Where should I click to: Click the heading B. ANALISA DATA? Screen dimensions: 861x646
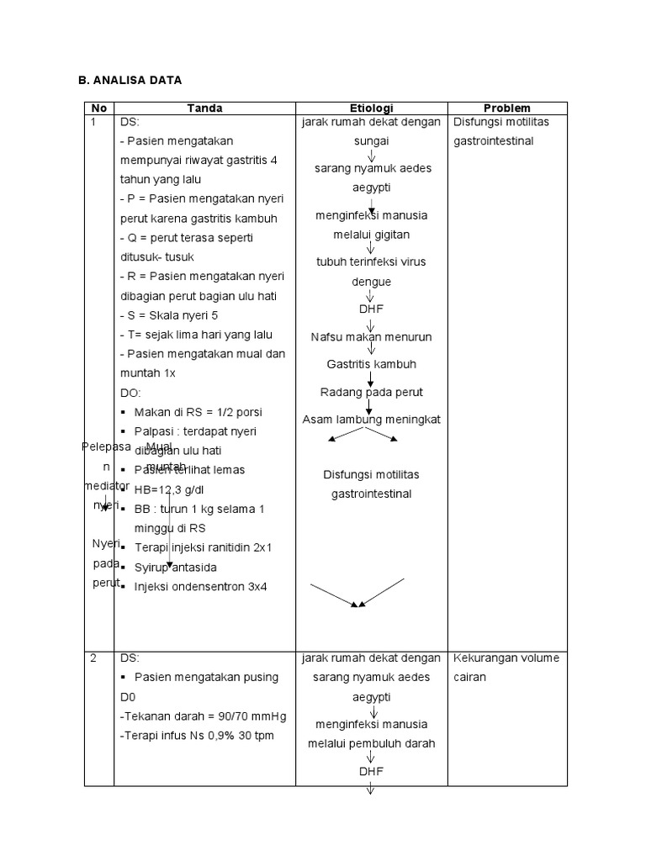129,80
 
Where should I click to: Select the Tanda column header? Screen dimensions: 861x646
204,108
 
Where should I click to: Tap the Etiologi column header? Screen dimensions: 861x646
371,108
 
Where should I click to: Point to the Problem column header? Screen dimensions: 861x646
507,108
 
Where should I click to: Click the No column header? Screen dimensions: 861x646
99,108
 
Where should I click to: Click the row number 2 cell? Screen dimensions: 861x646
93,658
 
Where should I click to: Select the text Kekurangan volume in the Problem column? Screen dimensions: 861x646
506,658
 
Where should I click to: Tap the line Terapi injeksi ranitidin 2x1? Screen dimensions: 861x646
203,547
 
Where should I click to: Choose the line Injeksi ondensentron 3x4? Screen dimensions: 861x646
200,586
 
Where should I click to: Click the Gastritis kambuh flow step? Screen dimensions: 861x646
371,365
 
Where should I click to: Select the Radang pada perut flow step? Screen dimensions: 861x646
371,393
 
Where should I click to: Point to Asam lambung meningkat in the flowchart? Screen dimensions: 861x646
371,419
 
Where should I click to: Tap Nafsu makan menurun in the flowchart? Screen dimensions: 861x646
371,337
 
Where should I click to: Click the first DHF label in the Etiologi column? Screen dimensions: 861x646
371,309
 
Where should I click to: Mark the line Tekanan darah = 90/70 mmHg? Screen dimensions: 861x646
204,716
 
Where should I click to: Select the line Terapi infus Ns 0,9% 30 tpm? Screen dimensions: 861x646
198,737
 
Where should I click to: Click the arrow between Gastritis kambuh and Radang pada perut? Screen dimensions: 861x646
371,379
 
